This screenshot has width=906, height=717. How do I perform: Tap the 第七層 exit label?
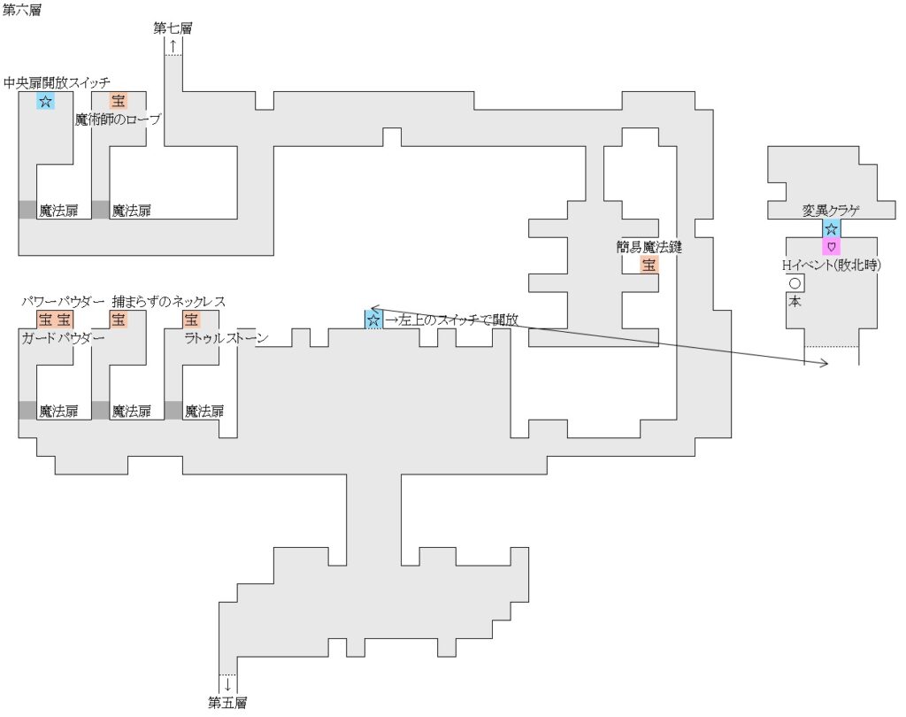[173, 27]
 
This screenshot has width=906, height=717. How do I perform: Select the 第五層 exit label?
[227, 703]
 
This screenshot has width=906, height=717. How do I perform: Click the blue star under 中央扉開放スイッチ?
[45, 101]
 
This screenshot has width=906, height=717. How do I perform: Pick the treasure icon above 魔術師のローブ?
[119, 101]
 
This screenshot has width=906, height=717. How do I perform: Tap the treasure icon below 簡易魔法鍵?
[649, 264]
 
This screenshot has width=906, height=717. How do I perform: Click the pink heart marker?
[831, 245]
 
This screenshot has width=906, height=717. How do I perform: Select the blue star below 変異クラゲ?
[831, 228]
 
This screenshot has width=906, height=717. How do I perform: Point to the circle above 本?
[795, 284]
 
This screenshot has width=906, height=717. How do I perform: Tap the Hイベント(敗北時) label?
[831, 264]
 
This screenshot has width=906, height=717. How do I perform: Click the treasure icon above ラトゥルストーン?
[191, 319]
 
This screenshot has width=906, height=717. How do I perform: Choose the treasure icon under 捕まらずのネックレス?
[119, 319]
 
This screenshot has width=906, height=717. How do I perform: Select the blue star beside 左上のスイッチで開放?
[373, 319]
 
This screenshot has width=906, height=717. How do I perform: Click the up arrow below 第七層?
[173, 44]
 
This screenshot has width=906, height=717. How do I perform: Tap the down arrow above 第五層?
[227, 683]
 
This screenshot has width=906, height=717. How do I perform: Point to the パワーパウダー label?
[64, 302]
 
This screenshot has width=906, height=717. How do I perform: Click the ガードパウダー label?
[64, 338]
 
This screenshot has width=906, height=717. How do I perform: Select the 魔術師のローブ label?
[118, 119]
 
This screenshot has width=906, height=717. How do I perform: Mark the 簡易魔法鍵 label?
[649, 247]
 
